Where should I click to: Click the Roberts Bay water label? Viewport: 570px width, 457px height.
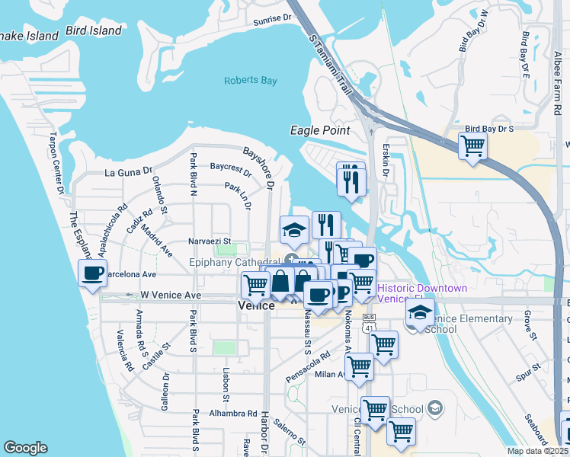coord(251,81)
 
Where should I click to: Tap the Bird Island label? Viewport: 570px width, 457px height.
coord(94,30)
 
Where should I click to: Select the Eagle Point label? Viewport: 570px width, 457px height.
coord(320,130)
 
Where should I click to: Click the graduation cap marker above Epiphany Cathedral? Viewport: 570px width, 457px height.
coord(294,229)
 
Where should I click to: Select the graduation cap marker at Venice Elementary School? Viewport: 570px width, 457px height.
coord(420,313)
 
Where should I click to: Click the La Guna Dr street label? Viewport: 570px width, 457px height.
coord(130,172)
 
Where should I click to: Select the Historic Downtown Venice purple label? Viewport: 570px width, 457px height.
coord(422,293)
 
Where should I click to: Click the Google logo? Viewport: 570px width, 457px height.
coord(25,448)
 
